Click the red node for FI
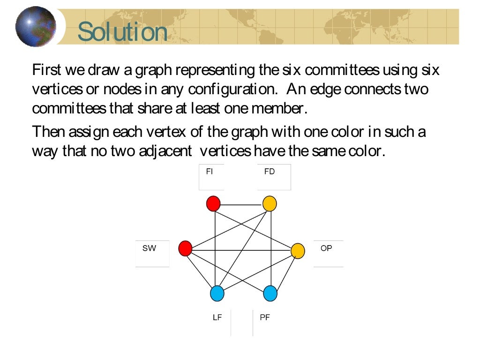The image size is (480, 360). tap(213, 204)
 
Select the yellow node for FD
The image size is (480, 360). tap(270, 204)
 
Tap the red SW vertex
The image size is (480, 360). tap(185, 248)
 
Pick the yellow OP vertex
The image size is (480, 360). tap(298, 251)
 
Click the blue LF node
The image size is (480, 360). tap(217, 293)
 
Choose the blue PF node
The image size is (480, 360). tap(270, 293)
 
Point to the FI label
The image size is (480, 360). tap(210, 172)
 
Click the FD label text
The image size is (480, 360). tap(269, 172)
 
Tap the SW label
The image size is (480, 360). tap(149, 248)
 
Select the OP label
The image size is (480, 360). tap(326, 248)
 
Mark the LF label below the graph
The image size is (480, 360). tap(217, 317)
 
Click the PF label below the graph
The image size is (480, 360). tap(265, 317)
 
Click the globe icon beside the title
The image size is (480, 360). tap(35, 26)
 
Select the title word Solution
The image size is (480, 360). tap(122, 32)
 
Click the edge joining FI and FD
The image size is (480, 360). tap(241, 205)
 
